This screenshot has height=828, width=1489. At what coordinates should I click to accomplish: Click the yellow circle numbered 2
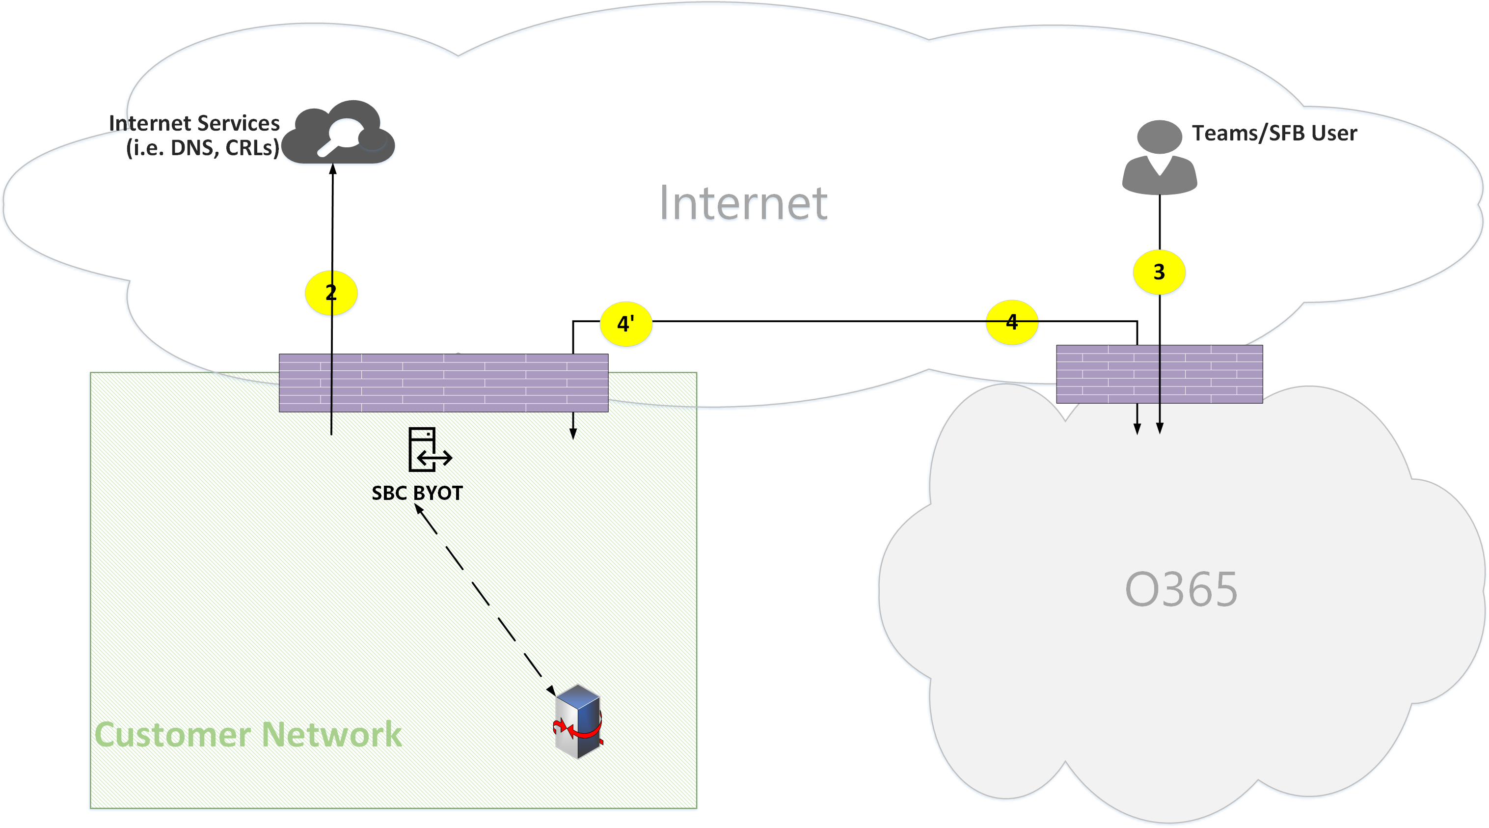[330, 293]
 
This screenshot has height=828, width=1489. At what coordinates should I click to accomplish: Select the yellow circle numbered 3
[1159, 272]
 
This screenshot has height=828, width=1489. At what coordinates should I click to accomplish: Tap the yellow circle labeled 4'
[626, 323]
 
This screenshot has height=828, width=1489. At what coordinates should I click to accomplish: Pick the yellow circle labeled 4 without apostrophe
[1011, 322]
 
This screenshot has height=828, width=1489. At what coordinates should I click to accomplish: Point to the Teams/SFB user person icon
[1160, 157]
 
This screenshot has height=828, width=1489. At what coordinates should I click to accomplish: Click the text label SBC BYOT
[417, 493]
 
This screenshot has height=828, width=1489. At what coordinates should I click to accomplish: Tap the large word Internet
[743, 203]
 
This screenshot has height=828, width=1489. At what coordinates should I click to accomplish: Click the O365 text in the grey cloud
[1181, 589]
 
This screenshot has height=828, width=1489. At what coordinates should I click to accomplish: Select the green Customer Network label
[248, 734]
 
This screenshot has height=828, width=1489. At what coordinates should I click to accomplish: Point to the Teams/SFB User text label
[1274, 133]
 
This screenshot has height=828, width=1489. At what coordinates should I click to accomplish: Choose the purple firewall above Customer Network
[443, 383]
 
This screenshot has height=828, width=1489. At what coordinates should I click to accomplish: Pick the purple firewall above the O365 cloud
[1159, 374]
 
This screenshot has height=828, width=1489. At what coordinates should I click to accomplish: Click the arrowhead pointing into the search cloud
[333, 169]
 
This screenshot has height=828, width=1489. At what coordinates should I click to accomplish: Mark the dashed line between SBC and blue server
[486, 599]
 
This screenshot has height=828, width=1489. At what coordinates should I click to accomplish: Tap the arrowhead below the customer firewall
[573, 434]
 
